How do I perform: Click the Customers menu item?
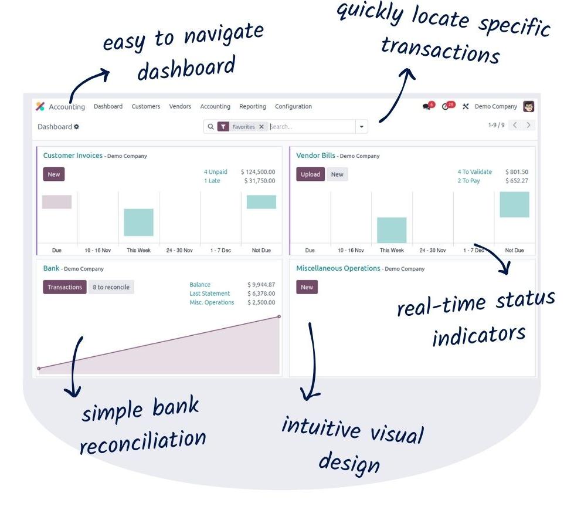pyautogui.click(x=145, y=106)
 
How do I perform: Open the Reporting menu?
pyautogui.click(x=253, y=106)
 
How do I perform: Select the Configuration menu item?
pyautogui.click(x=293, y=106)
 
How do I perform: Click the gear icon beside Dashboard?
pyautogui.click(x=76, y=126)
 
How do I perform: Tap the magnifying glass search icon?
pyautogui.click(x=211, y=126)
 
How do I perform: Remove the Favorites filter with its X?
pyautogui.click(x=261, y=126)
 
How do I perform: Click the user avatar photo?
pyautogui.click(x=529, y=106)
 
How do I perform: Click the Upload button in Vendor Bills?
pyautogui.click(x=310, y=174)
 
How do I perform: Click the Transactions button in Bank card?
pyautogui.click(x=65, y=287)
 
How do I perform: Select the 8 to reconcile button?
pyautogui.click(x=111, y=287)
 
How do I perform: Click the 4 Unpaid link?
pyautogui.click(x=216, y=171)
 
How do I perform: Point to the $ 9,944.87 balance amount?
pyautogui.click(x=261, y=284)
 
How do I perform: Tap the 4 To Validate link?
pyautogui.click(x=475, y=171)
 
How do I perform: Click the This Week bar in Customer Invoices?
pyautogui.click(x=139, y=222)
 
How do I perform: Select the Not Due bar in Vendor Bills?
pyautogui.click(x=514, y=204)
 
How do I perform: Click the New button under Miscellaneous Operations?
pyautogui.click(x=307, y=287)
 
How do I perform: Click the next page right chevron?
pyautogui.click(x=529, y=125)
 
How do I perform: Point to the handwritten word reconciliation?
pyautogui.click(x=143, y=441)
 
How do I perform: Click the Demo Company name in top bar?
pyautogui.click(x=495, y=106)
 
